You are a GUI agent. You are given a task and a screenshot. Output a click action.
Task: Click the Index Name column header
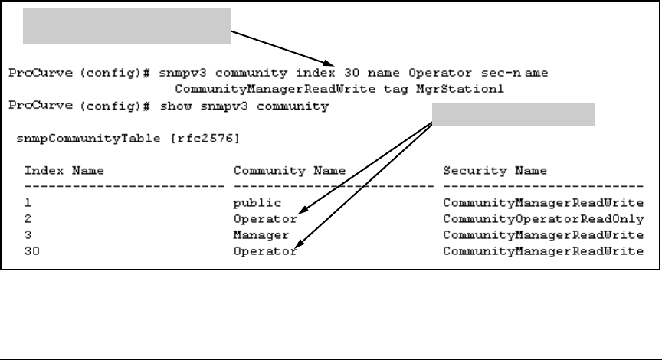64,170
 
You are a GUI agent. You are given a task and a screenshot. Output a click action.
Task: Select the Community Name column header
290,170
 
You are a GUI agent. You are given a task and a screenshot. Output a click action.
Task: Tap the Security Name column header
493,170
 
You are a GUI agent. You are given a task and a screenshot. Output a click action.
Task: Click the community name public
258,204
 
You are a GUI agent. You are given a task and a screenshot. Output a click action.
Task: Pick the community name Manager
261,234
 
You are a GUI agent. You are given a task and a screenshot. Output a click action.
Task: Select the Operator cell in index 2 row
264,219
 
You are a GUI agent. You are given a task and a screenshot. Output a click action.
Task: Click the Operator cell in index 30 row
264,250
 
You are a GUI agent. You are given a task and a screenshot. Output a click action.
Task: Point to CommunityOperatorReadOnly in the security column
543,219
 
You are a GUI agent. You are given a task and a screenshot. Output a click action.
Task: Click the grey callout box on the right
514,115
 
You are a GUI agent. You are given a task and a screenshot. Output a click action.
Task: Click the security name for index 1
543,204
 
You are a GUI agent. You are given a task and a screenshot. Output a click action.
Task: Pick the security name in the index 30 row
543,250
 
